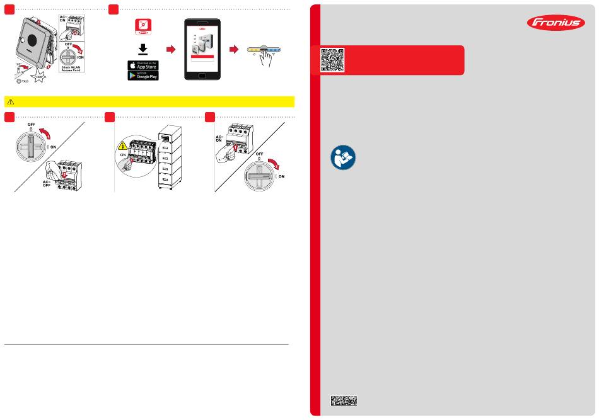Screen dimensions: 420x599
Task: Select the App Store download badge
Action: point(142,65)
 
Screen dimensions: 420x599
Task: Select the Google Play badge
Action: point(142,76)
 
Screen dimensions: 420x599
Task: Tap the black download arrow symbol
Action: point(142,49)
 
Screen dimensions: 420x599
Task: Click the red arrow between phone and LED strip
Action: point(234,48)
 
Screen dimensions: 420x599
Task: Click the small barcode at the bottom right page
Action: point(344,400)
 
